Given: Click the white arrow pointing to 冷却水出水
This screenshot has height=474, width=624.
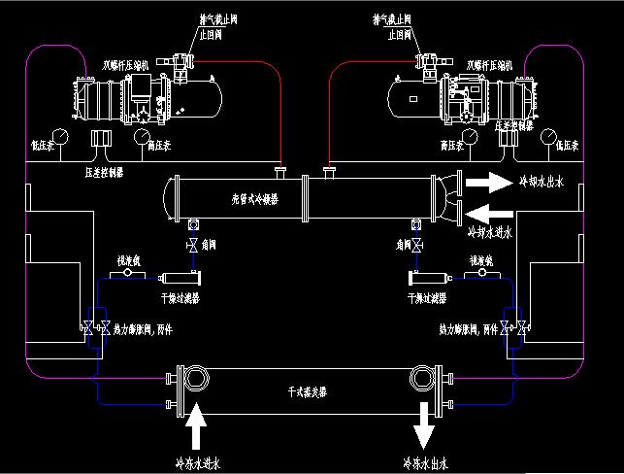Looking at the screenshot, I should coord(488,181).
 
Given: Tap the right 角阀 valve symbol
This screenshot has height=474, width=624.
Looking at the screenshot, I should coord(417,245).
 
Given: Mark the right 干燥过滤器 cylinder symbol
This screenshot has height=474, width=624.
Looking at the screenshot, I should coord(428,279).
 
